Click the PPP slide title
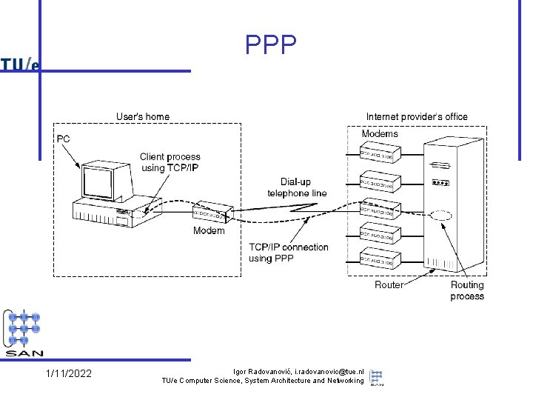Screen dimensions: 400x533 (x=271, y=46)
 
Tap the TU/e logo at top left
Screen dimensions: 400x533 (x=20, y=65)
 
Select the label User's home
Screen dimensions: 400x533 (x=143, y=116)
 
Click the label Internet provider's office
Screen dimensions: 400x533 (x=417, y=116)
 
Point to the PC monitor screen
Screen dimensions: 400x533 (x=102, y=180)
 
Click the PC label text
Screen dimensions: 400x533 (x=64, y=139)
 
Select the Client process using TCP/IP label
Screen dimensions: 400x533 (x=170, y=162)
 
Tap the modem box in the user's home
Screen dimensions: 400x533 (x=211, y=214)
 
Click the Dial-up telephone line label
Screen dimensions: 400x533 (x=297, y=187)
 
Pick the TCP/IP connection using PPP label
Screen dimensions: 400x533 (x=289, y=253)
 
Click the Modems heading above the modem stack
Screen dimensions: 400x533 (x=380, y=133)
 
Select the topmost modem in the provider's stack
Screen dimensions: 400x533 (x=380, y=153)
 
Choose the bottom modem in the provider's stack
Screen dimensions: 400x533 (x=380, y=259)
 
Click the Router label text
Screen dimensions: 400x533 (x=389, y=284)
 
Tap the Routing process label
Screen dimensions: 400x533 (x=467, y=290)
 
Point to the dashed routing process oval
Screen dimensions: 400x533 (x=440, y=216)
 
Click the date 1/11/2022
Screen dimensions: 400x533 (x=69, y=373)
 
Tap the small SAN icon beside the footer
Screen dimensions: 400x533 (x=377, y=377)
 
